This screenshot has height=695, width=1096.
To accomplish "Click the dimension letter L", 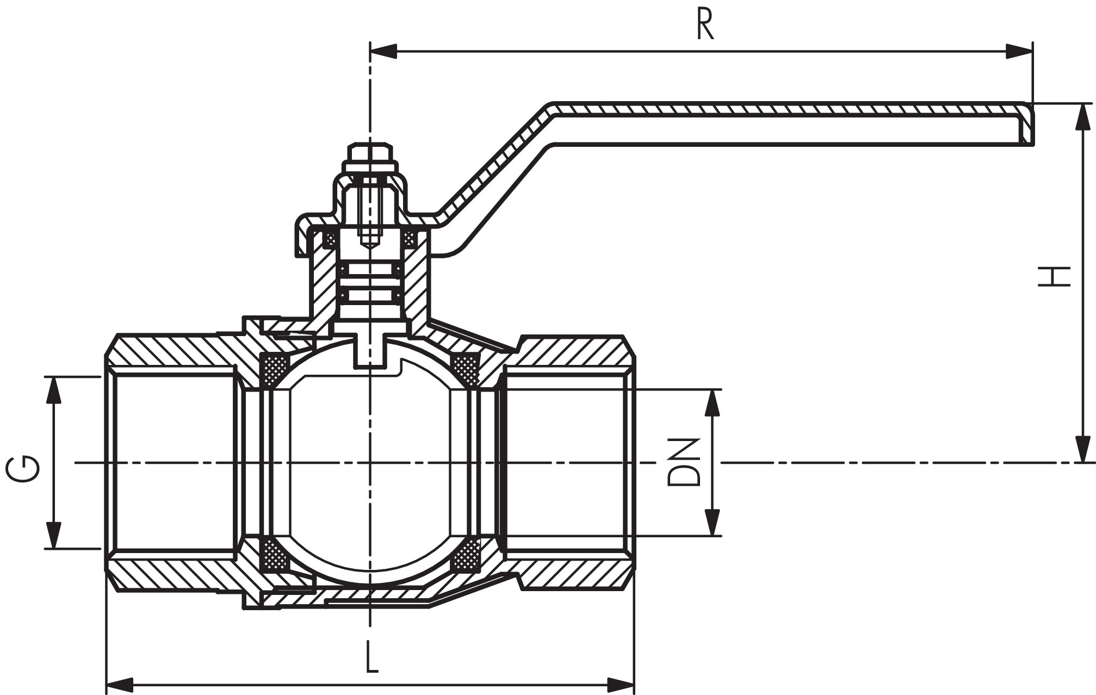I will (x=371, y=657).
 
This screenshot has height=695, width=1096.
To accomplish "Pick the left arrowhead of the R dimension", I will (x=384, y=52).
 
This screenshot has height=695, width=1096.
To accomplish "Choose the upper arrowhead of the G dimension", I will (x=53, y=390).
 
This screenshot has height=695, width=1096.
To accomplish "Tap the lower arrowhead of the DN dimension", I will (x=712, y=523).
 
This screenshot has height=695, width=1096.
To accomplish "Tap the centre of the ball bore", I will (x=370, y=463).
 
